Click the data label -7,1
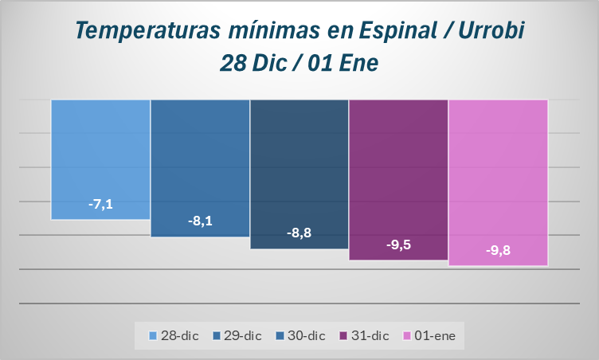pos(100,205)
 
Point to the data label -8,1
pos(200,221)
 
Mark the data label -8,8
pos(299,233)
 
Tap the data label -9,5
pos(398,245)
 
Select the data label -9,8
pos(498,250)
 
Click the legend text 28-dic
pos(180,336)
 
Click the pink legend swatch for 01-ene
pos(408,336)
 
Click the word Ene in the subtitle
pos(357,62)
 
